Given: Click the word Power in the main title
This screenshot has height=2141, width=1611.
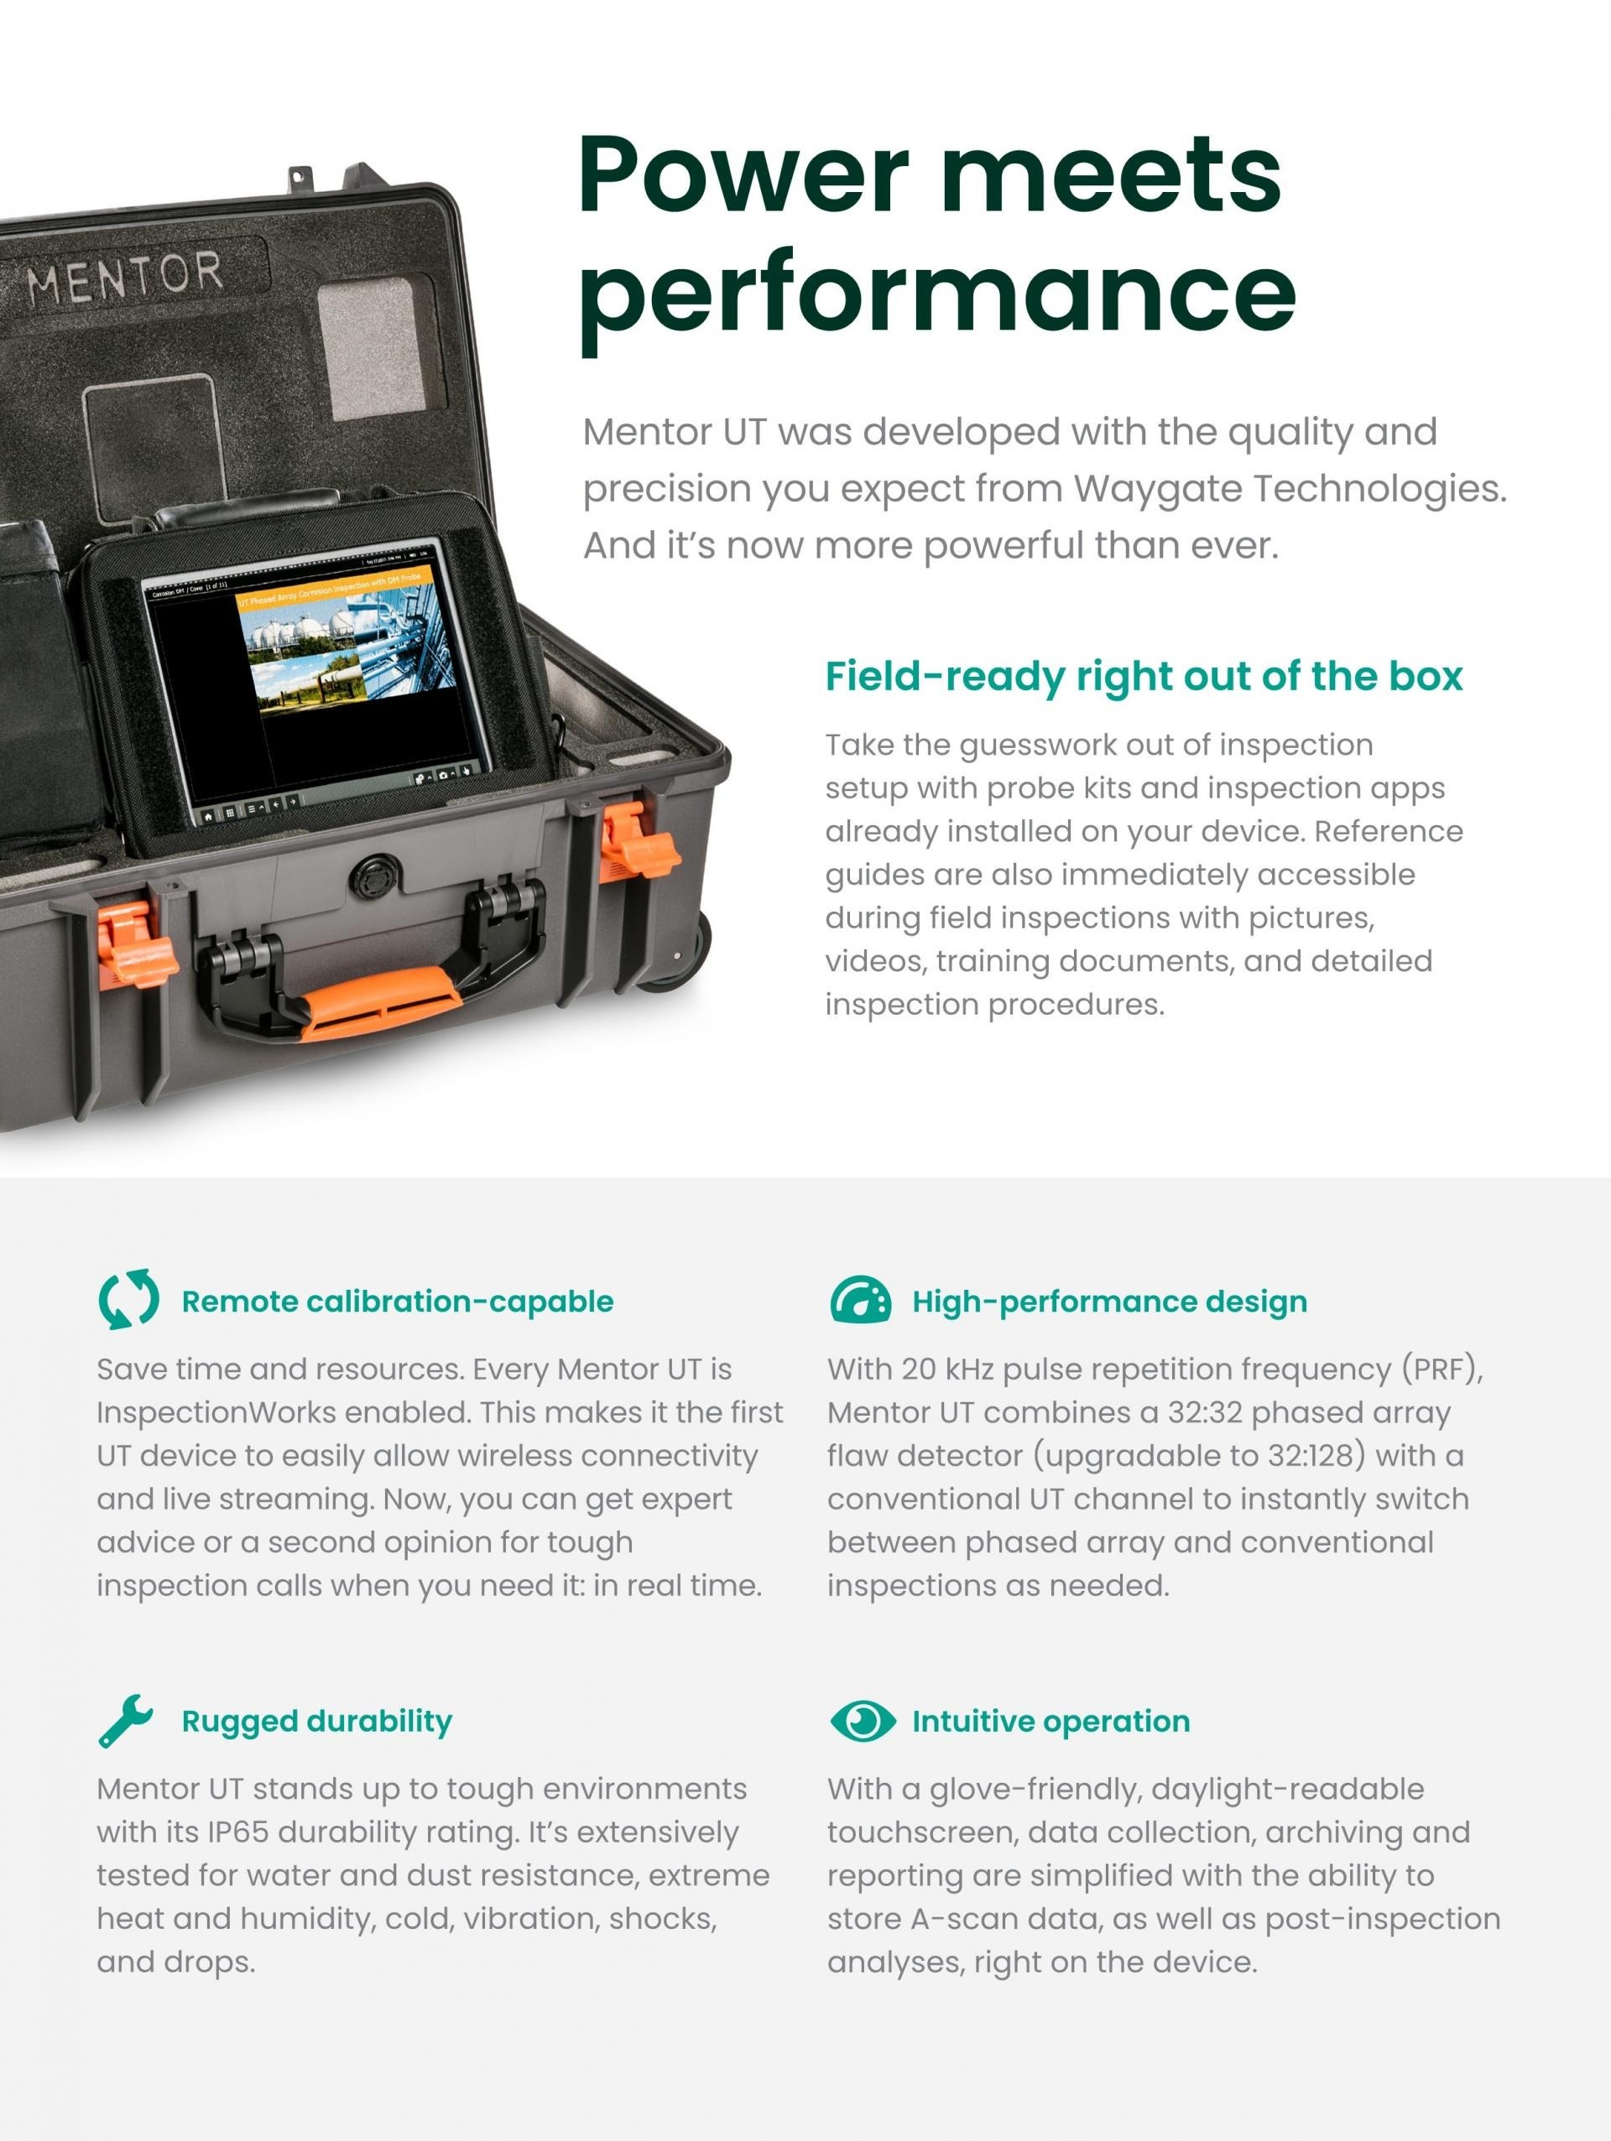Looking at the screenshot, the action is (x=743, y=175).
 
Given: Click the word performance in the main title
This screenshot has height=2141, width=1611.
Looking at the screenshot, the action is (x=937, y=294).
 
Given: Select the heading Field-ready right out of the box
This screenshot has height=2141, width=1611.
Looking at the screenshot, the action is (x=1144, y=677).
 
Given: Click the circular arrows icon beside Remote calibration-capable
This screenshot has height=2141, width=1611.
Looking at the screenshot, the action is (x=128, y=1300).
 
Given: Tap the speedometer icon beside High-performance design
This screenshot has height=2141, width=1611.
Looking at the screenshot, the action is (x=860, y=1300).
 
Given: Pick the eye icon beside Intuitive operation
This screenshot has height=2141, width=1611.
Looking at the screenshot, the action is (x=862, y=1720).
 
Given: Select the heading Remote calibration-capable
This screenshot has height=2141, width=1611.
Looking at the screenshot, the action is (x=397, y=1301).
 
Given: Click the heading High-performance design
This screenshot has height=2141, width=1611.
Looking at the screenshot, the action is (x=1109, y=1301).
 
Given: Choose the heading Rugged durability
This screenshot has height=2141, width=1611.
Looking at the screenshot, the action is (x=316, y=1721).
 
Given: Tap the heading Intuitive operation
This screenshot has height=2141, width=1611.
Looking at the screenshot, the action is (x=1051, y=1721).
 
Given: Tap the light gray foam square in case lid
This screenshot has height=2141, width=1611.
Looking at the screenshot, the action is (x=373, y=348).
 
